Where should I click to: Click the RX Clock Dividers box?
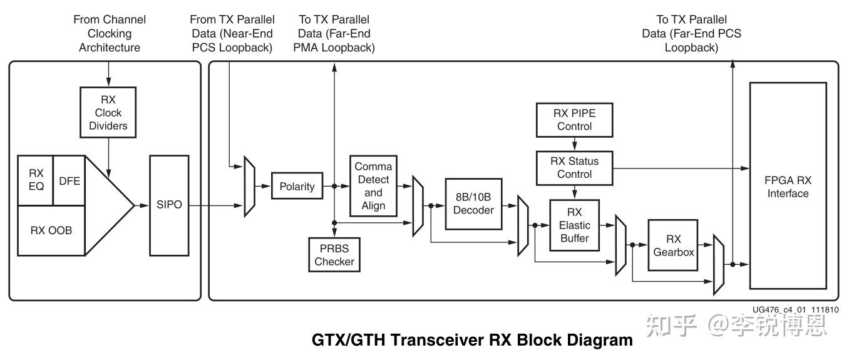click(109, 113)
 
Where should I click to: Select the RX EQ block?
click(36, 180)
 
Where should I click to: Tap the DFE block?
click(69, 180)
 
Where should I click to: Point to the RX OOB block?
click(51, 230)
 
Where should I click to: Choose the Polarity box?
click(296, 187)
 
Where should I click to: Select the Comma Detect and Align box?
click(373, 186)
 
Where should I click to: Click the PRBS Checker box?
click(334, 255)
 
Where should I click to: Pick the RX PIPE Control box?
click(574, 120)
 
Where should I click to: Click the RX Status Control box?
click(574, 167)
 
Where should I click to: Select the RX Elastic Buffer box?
click(574, 225)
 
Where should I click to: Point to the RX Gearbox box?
click(673, 245)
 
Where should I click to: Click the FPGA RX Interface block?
click(788, 186)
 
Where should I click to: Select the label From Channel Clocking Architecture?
click(109, 33)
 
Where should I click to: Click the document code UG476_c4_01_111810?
click(795, 309)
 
